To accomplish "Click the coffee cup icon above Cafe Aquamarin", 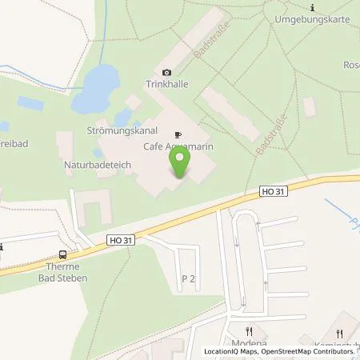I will [179, 134].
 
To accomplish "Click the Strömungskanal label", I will [114, 128].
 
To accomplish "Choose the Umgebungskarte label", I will [309, 17].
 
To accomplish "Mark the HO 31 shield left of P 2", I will [119, 238].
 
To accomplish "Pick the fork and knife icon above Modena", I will [249, 330].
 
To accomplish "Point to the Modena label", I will [249, 342].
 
